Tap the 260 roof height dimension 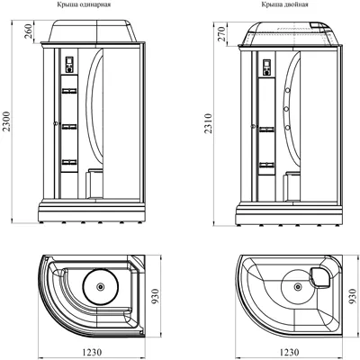tap(28, 31)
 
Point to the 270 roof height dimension tap(221, 34)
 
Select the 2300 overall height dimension tap(6, 121)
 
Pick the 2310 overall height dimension tap(209, 123)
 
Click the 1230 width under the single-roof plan tap(91, 352)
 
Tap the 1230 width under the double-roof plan tap(289, 352)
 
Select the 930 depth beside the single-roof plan tap(156, 297)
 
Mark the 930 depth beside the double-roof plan tap(353, 297)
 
